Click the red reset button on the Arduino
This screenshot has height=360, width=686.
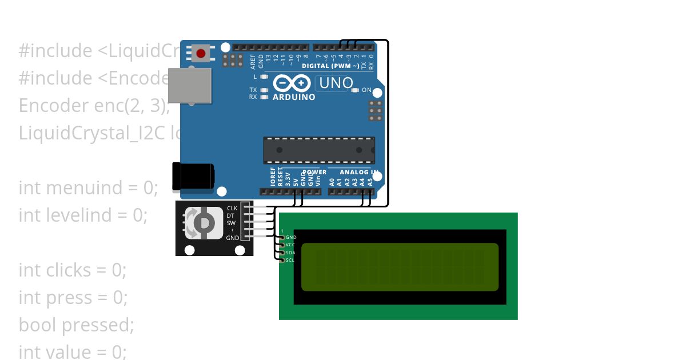pyautogui.click(x=201, y=54)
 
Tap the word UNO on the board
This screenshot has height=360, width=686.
pyautogui.click(x=336, y=83)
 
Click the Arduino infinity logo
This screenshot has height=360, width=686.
pyautogui.click(x=292, y=83)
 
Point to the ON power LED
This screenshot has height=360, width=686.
pyautogui.click(x=356, y=90)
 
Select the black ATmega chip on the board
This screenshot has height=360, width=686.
pyautogui.click(x=319, y=150)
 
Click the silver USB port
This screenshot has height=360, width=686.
pyautogui.click(x=190, y=86)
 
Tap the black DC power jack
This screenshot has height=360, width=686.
pyautogui.click(x=193, y=176)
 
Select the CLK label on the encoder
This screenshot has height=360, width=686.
pyautogui.click(x=232, y=209)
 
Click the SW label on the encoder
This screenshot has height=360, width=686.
pyautogui.click(x=232, y=223)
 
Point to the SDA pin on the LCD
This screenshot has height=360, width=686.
pyautogui.click(x=290, y=253)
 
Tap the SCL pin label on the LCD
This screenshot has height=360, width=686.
pyautogui.click(x=290, y=260)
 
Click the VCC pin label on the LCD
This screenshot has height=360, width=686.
pyautogui.click(x=290, y=245)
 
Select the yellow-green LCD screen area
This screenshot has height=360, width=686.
pyautogui.click(x=400, y=267)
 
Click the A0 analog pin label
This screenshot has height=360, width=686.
pyautogui.click(x=332, y=182)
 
